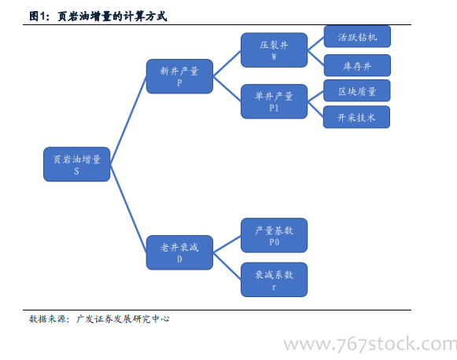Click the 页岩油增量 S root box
click(76, 164)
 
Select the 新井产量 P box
click(179, 76)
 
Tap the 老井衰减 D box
click(179, 252)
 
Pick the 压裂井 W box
click(274, 50)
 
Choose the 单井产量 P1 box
click(274, 101)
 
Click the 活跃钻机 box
click(357, 36)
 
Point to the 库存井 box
click(357, 65)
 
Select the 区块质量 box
click(357, 90)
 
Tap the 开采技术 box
click(357, 117)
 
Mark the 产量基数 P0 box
click(274, 235)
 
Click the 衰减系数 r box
click(274, 280)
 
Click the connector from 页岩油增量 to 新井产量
click(128, 120)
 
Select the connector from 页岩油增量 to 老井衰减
click(128, 208)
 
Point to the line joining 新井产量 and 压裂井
click(227, 64)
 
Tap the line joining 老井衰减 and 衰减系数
click(227, 266)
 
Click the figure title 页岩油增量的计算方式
click(112, 17)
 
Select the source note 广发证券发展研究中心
click(123, 319)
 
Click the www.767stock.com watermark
click(370, 344)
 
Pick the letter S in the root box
click(76, 171)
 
